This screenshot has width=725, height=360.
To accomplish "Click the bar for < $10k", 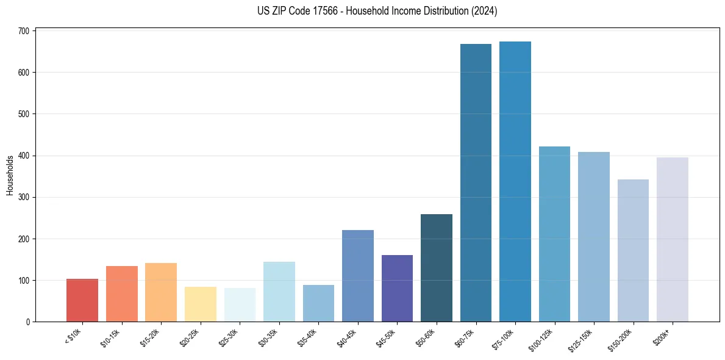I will point(82,300).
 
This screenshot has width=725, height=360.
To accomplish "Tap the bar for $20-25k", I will point(201,304).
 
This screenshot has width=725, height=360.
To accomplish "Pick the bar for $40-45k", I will point(358,276).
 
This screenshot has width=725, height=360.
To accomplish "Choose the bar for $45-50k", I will point(397,288).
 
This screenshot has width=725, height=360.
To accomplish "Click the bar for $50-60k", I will point(437,268).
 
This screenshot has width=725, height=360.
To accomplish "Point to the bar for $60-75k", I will point(476,182).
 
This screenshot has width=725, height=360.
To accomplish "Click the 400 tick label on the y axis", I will point(27,156).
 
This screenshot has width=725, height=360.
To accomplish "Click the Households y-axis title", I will point(10,175).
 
